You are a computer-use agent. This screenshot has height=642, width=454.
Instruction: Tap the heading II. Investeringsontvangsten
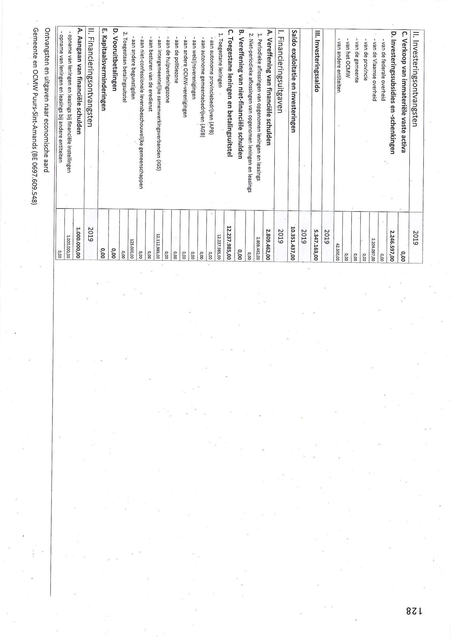pos(415,79)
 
